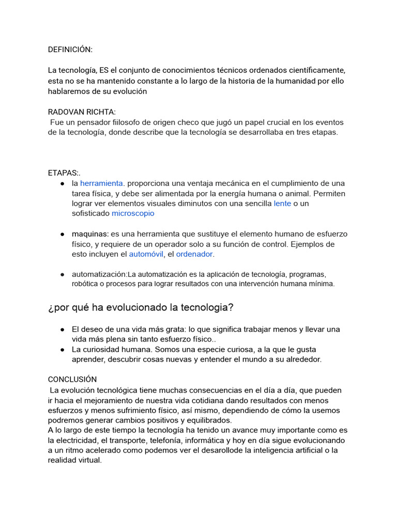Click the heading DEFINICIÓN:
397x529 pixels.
pos(70,50)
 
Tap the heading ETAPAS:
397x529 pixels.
pos(64,173)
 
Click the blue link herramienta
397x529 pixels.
pos(102,183)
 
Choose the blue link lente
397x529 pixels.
pos(282,204)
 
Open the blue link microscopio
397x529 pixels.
pos(133,213)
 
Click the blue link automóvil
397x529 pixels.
pos(146,254)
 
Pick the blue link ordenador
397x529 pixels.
pos(194,254)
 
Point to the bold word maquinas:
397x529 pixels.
pos(90,234)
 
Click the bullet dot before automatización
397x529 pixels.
pos(62,274)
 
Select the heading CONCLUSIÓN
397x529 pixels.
pos(72,380)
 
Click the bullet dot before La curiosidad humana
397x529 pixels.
pos(62,350)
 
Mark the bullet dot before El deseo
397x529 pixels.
pos(62,329)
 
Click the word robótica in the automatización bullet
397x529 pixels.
pos(85,284)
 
